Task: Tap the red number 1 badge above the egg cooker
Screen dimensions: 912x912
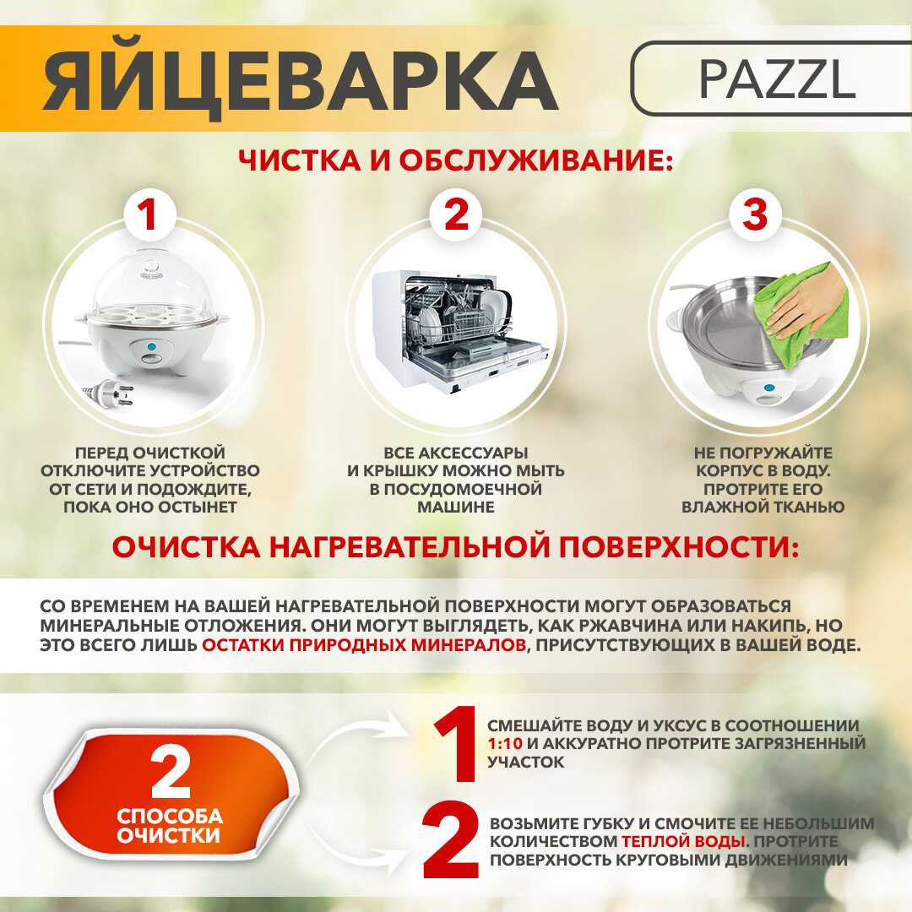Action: point(149,215)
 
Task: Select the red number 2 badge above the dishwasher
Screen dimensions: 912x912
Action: point(456,215)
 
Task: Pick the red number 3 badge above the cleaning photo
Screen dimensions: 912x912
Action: point(754,215)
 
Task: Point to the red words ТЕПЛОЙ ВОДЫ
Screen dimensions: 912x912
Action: point(683,842)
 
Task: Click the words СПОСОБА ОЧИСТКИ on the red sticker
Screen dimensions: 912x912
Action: point(170,827)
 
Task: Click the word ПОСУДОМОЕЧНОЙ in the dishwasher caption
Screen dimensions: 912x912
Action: point(456,489)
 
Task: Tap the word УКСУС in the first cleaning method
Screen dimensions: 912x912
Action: point(646,726)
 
